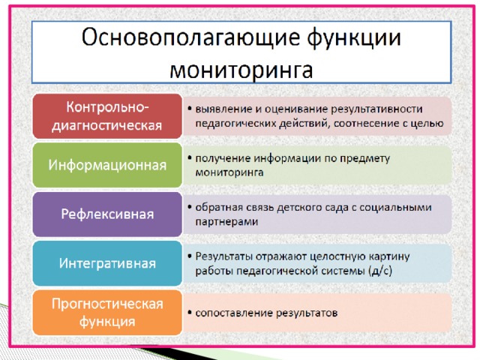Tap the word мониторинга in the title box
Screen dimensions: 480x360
click(x=241, y=69)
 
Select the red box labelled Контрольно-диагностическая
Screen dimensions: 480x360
click(x=107, y=116)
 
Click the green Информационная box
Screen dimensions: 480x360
click(x=107, y=165)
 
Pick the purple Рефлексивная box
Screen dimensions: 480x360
click(x=107, y=214)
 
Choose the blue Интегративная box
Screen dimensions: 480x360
click(x=107, y=263)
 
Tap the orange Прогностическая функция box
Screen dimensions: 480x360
click(x=107, y=313)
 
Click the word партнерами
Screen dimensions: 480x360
click(x=226, y=222)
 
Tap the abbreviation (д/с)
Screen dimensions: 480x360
click(x=380, y=271)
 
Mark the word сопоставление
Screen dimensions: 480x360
click(x=234, y=313)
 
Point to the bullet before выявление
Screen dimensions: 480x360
click(x=190, y=109)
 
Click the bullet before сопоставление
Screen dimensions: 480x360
click(x=190, y=313)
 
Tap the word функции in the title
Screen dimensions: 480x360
click(x=354, y=38)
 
